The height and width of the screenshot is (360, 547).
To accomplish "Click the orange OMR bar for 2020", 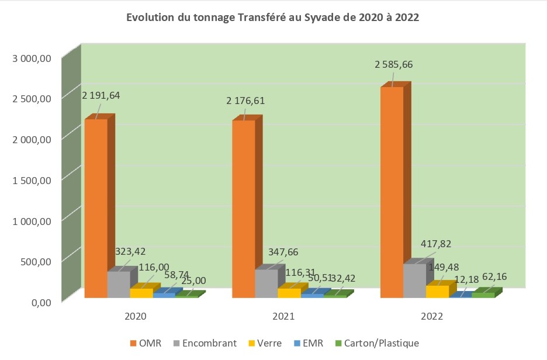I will pos(96,208).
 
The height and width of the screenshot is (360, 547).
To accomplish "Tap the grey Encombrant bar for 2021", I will pos(243,283).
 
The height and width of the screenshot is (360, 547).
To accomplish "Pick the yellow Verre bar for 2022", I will pos(438,292).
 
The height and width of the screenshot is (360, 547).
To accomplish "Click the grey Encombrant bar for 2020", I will pos(119,285).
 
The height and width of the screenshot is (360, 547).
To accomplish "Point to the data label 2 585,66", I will pos(397,64).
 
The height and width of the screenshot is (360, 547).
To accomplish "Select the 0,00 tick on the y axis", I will pos(40,302).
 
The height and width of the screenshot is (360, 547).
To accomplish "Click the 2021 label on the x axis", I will pos(283,317).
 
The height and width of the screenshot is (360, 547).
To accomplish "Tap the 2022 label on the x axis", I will pos(431,317).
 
